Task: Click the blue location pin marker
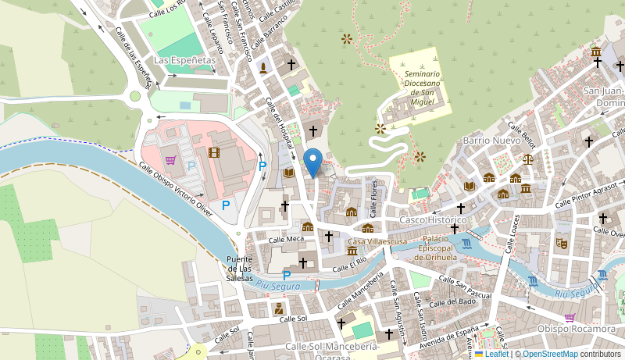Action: [313, 162]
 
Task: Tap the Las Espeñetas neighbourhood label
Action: [184, 59]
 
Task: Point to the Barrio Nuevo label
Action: [491, 141]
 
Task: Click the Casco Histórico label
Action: [433, 220]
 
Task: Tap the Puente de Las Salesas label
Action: [240, 269]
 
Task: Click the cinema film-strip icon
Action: [214, 151]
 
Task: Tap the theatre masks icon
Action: [561, 243]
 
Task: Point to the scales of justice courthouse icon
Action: [529, 159]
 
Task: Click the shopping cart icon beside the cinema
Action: [170, 160]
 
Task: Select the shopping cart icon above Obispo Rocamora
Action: [570, 318]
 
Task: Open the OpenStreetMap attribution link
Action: [550, 354]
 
